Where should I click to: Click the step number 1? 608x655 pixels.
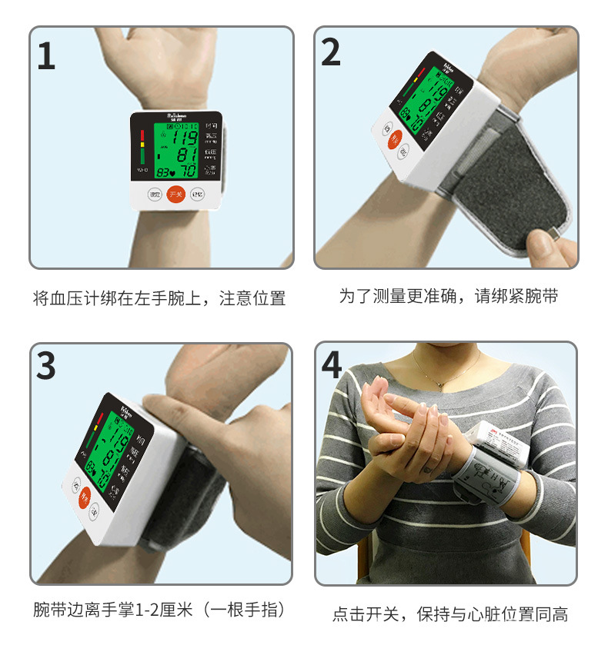point(47,56)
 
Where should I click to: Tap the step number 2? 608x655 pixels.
point(331,52)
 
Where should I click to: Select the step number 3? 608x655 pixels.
point(46,366)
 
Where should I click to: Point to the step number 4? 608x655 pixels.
point(332,364)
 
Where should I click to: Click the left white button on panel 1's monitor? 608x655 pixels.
point(155,195)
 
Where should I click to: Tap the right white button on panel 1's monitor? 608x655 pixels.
point(197,195)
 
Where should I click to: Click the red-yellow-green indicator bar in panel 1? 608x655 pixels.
point(142,145)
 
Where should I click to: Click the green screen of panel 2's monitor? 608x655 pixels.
point(423,98)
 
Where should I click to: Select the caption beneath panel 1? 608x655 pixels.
point(159,298)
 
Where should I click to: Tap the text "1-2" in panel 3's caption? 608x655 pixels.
point(145,610)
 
